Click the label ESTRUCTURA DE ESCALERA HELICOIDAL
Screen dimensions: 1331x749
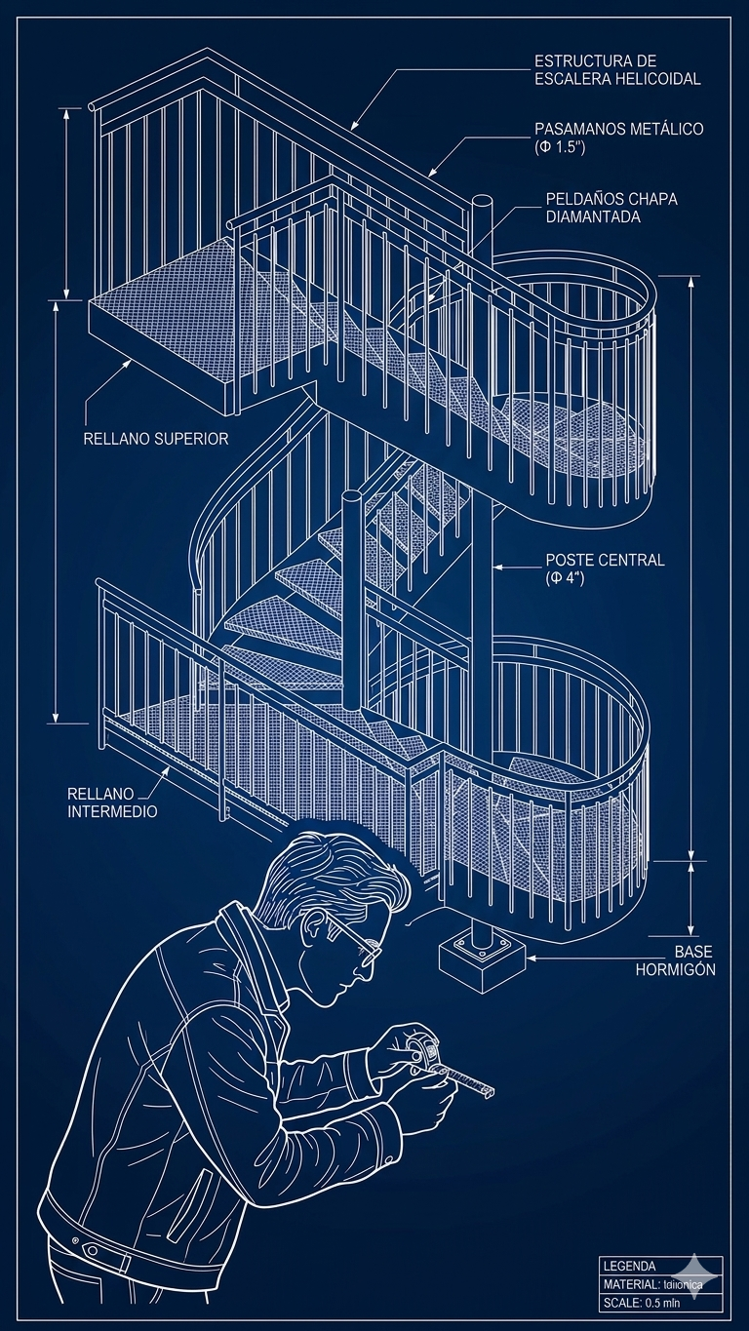pos(616,70)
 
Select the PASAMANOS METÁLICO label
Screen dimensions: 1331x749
pos(618,129)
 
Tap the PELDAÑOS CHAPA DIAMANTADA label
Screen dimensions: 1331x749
pos(611,208)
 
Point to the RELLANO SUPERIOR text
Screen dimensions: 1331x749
pos(156,439)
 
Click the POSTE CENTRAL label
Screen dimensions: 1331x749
pos(605,560)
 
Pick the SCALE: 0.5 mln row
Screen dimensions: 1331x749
pos(647,1303)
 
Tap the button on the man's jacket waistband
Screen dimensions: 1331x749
pos(92,1250)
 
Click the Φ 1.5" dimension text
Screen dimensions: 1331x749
pos(559,147)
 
